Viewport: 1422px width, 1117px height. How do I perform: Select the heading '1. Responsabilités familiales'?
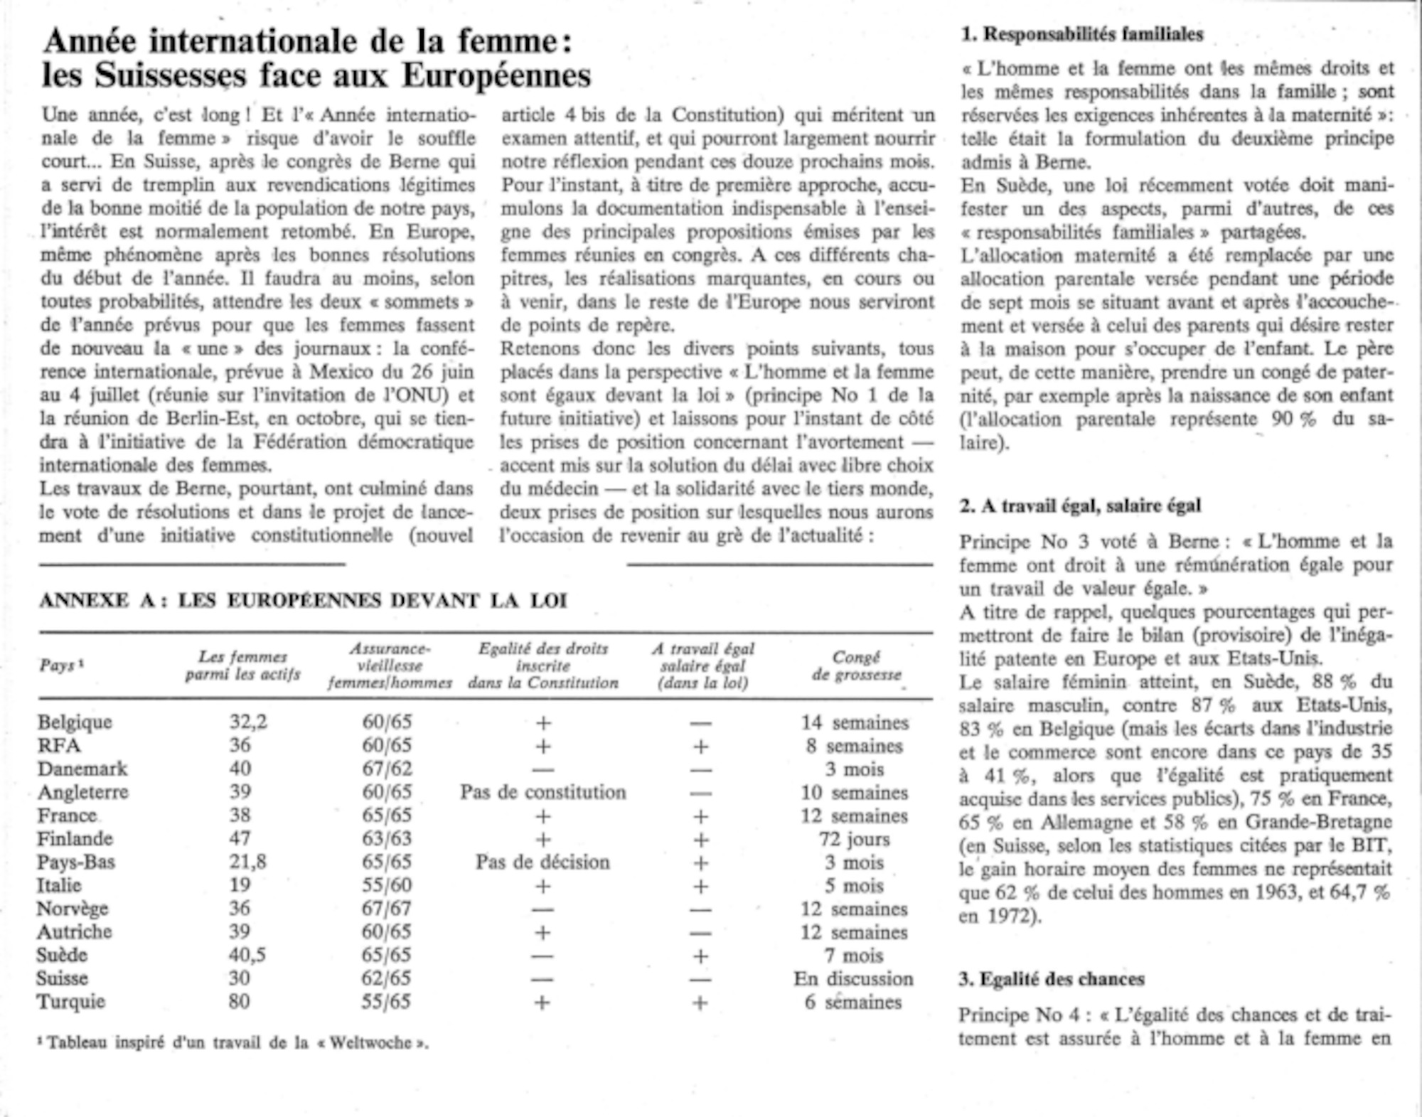point(1082,34)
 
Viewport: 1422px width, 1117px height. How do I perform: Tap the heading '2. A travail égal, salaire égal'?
point(1080,506)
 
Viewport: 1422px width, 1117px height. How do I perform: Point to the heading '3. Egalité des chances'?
point(1052,979)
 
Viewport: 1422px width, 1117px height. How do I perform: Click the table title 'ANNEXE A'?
point(103,601)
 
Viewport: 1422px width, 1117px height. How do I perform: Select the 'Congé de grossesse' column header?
point(856,666)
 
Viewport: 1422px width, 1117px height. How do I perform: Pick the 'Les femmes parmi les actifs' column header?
point(243,666)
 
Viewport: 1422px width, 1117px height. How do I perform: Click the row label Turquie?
point(71,1002)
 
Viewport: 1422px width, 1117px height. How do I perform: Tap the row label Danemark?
point(82,769)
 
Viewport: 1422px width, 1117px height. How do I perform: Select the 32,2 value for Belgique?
point(248,722)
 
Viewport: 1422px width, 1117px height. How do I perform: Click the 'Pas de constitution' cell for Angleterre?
point(542,792)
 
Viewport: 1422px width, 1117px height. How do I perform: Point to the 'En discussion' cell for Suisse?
point(853,979)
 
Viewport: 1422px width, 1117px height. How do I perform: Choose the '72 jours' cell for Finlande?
point(854,839)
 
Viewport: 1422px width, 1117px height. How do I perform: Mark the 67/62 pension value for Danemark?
point(387,769)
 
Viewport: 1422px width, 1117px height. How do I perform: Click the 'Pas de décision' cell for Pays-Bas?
point(542,862)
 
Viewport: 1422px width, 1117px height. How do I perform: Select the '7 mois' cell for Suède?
point(854,956)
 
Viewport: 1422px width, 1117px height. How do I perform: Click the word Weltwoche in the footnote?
point(370,1043)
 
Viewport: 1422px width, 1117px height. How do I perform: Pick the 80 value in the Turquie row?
point(239,1002)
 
